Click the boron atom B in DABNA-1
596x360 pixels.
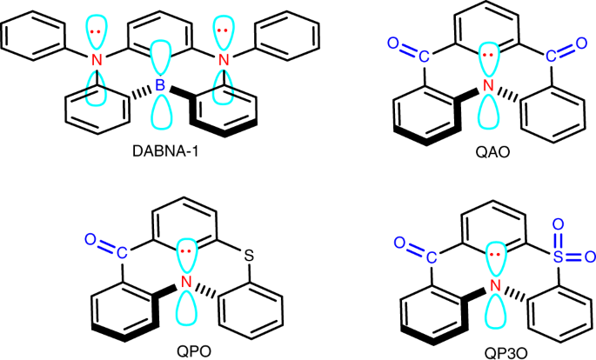158,83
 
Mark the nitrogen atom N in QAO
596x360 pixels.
487,85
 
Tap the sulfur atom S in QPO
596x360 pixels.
248,256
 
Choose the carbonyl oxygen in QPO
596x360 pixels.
90,237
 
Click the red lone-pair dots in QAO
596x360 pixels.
487,55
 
